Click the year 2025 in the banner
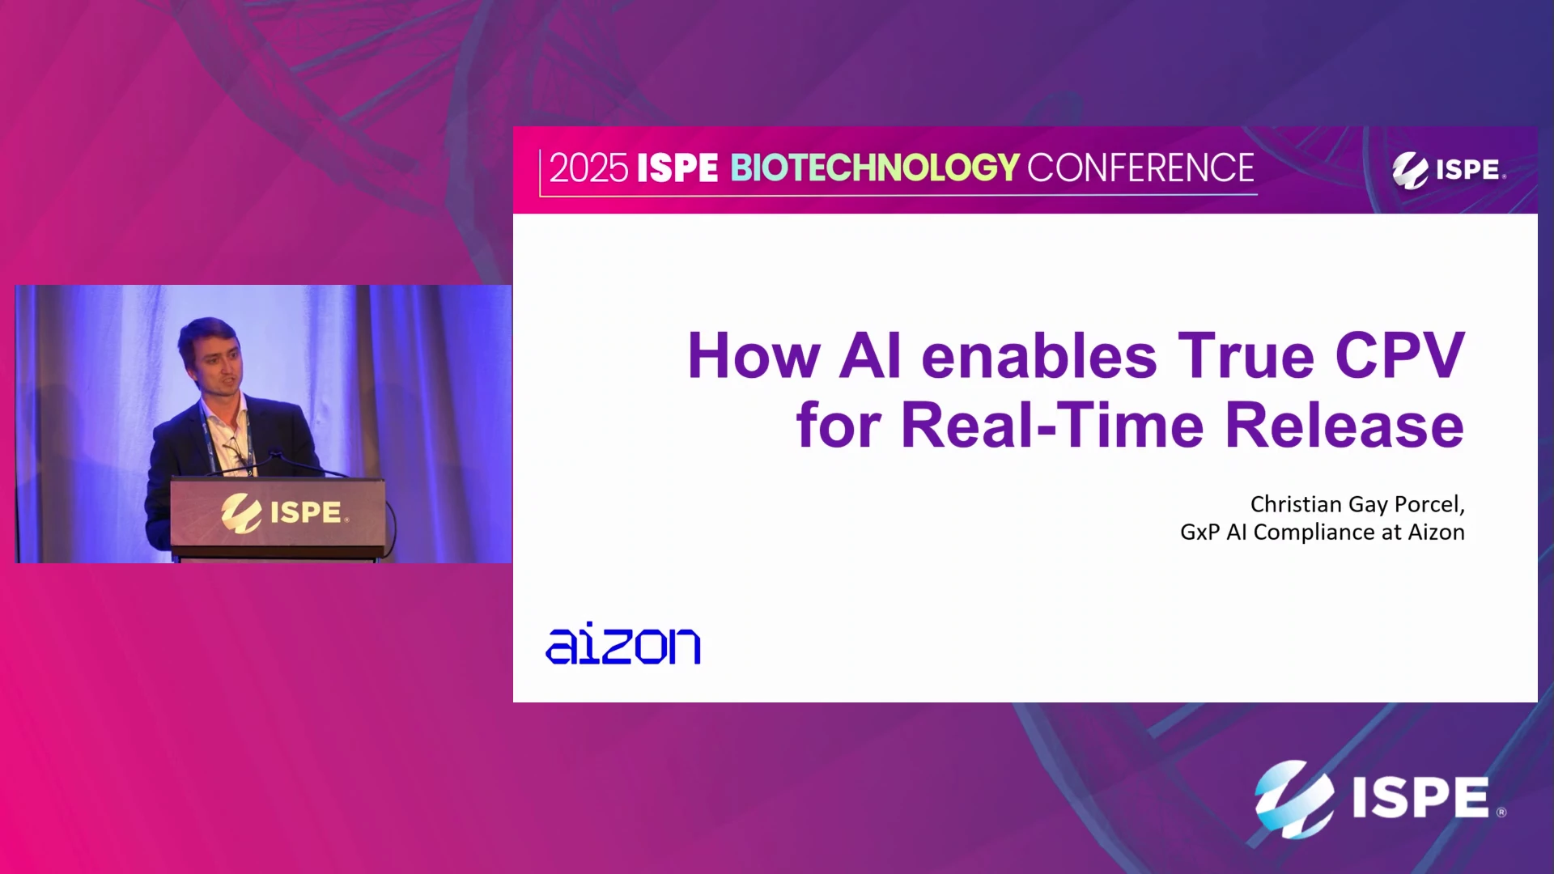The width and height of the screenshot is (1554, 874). pyautogui.click(x=588, y=168)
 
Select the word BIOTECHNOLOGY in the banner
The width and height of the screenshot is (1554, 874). pyautogui.click(x=875, y=168)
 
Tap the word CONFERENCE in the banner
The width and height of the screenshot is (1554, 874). pyautogui.click(x=1140, y=168)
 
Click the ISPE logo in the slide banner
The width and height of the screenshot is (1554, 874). pyautogui.click(x=1448, y=170)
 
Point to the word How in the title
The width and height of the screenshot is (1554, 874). pyautogui.click(x=754, y=355)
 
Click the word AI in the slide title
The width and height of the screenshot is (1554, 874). pyautogui.click(x=870, y=355)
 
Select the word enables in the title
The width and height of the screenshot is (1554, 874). pyautogui.click(x=1039, y=355)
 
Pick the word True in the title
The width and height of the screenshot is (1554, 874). pyautogui.click(x=1246, y=355)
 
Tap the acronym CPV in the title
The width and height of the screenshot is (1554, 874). pyautogui.click(x=1399, y=355)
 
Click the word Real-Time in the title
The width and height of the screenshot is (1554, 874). pyautogui.click(x=1052, y=425)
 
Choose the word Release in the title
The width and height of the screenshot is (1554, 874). pyautogui.click(x=1344, y=425)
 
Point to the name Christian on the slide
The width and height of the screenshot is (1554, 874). pyautogui.click(x=1296, y=504)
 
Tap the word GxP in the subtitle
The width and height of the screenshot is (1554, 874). pyautogui.click(x=1199, y=532)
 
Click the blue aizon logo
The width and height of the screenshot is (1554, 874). pyautogui.click(x=623, y=644)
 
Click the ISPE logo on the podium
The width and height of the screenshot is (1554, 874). pyautogui.click(x=285, y=513)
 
